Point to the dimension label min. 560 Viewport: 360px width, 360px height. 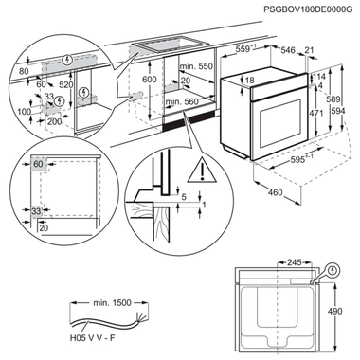(192, 100)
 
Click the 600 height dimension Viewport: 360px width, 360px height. (149, 81)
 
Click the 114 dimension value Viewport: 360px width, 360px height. (321, 77)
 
